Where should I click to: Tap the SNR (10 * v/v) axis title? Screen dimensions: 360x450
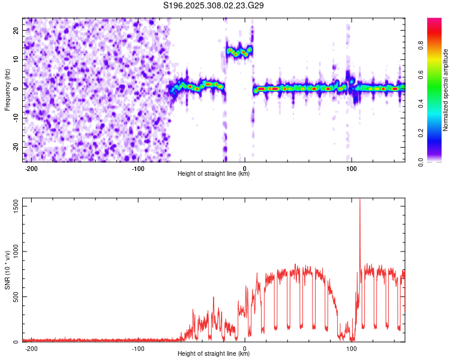click(7, 270)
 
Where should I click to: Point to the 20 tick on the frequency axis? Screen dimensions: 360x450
click(16, 29)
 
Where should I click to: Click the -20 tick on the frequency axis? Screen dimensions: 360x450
click(14, 147)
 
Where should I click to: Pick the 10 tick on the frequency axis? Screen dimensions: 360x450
click(16, 59)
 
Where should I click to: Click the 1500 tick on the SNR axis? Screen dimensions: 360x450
click(12, 206)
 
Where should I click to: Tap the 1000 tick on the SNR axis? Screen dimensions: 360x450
click(12, 251)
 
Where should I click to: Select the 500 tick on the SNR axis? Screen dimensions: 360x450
click(14, 296)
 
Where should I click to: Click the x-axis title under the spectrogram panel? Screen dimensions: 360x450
click(214, 174)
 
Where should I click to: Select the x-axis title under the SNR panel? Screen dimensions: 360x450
click(214, 354)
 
